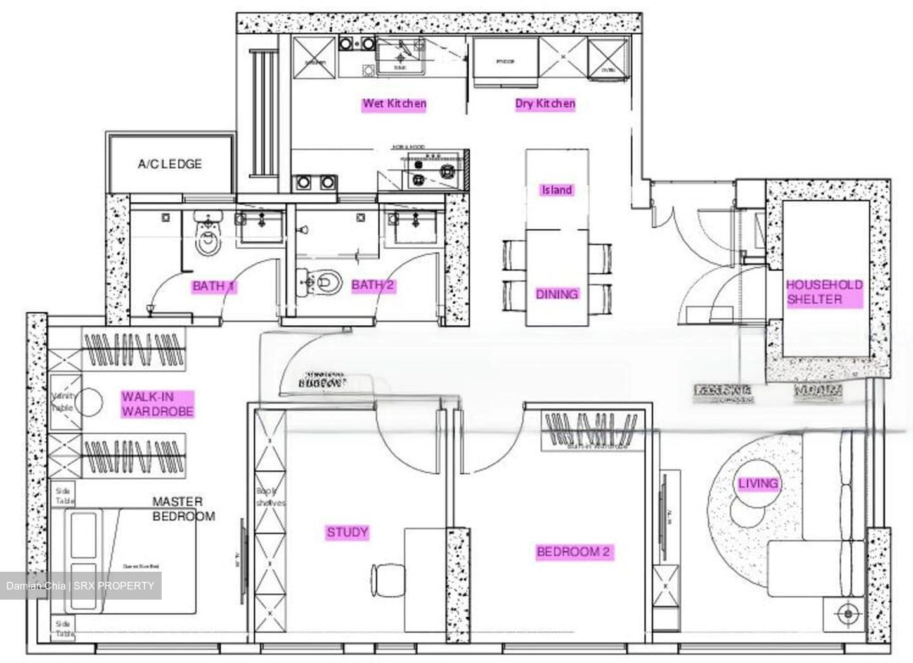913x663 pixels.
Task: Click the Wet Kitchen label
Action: pos(394,104)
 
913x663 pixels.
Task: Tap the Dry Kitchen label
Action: pos(545,104)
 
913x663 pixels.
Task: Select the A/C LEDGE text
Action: pos(170,164)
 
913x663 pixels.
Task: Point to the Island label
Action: pos(556,190)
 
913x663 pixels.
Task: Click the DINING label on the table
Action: pos(557,294)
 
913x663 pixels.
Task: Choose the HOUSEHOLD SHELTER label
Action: pos(824,292)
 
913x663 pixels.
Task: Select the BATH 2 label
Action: pos(373,285)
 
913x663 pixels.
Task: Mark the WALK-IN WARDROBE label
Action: pos(157,404)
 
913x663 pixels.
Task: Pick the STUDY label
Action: pos(347,532)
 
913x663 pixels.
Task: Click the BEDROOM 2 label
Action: pos(573,552)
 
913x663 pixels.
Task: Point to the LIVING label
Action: pos(758,484)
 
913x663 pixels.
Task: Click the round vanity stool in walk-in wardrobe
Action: pos(89,402)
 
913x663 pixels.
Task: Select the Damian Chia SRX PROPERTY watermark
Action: pos(81,586)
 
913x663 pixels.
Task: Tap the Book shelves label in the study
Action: pos(270,497)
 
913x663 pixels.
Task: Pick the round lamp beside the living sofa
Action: pos(848,614)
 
